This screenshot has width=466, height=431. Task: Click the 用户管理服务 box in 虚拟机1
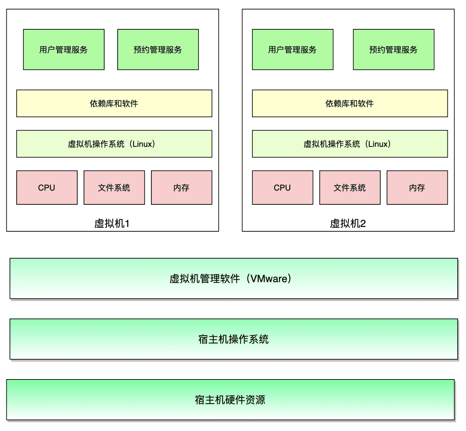pyautogui.click(x=64, y=50)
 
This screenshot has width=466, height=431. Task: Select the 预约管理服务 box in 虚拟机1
pyautogui.click(x=158, y=50)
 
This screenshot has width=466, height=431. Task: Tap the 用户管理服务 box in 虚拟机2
pyautogui.click(x=292, y=50)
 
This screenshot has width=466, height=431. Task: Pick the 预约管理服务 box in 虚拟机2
pyautogui.click(x=393, y=50)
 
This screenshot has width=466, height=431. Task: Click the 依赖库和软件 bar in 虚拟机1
pyautogui.click(x=114, y=103)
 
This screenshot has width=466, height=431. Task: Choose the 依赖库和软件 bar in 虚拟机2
pyautogui.click(x=350, y=103)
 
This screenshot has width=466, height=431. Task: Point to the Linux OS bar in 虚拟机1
pyautogui.click(x=114, y=144)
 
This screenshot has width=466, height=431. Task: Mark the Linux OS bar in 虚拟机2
pyautogui.click(x=350, y=144)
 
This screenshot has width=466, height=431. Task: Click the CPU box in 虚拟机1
pyautogui.click(x=47, y=188)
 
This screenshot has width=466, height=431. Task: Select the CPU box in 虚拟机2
pyautogui.click(x=283, y=188)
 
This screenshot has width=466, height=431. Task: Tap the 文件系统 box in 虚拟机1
pyautogui.click(x=114, y=188)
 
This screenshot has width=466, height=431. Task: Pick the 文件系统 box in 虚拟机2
pyautogui.click(x=350, y=188)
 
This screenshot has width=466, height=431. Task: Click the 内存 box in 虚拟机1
pyautogui.click(x=181, y=188)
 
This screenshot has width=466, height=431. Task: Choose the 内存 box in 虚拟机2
pyautogui.click(x=417, y=188)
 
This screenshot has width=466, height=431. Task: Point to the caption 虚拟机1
pyautogui.click(x=112, y=223)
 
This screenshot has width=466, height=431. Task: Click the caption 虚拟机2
pyautogui.click(x=348, y=223)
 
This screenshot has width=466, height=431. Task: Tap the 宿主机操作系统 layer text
pyautogui.click(x=233, y=339)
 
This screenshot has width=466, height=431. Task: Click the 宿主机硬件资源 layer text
pyautogui.click(x=230, y=400)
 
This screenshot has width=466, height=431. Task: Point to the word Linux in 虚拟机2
pyautogui.click(x=379, y=144)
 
